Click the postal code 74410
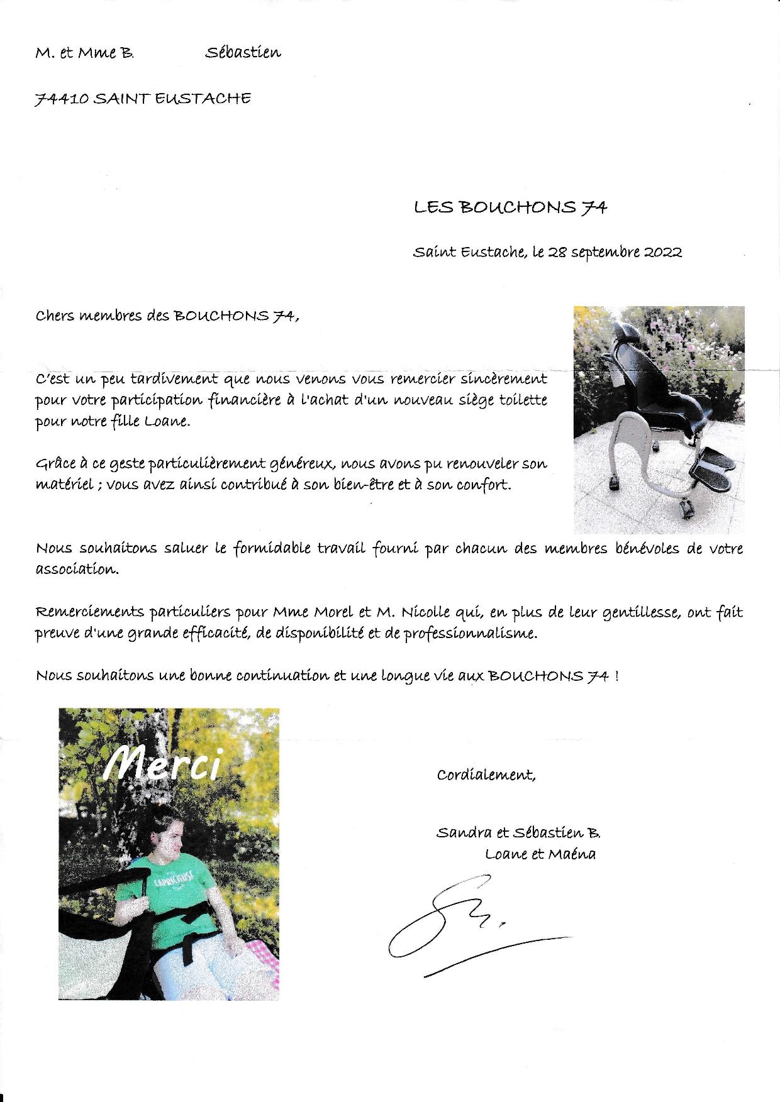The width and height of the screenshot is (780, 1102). [x=62, y=99]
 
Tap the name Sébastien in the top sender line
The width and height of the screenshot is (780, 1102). [x=243, y=53]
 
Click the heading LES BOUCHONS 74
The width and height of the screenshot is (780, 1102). [x=510, y=207]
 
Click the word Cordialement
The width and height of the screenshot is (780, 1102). [x=486, y=775]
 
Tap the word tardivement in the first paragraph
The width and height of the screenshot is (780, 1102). [x=167, y=379]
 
